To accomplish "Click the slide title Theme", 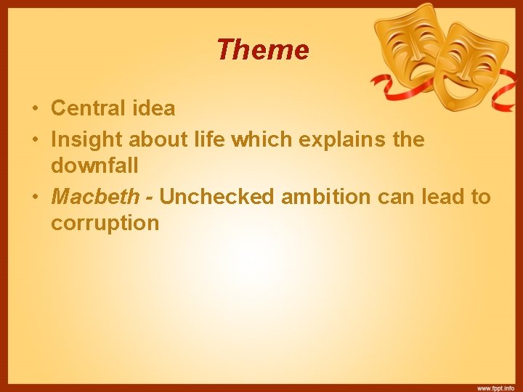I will pyautogui.click(x=262, y=50).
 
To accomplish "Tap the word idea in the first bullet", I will pyautogui.click(x=151, y=109).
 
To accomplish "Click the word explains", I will pyautogui.click(x=339, y=139).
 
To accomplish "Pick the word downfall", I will pyautogui.click(x=94, y=166).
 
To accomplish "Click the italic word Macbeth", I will pyautogui.click(x=94, y=196).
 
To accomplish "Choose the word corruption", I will pyautogui.click(x=105, y=223).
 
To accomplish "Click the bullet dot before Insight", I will pyautogui.click(x=35, y=139).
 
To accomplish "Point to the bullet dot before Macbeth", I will pyautogui.click(x=35, y=197).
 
